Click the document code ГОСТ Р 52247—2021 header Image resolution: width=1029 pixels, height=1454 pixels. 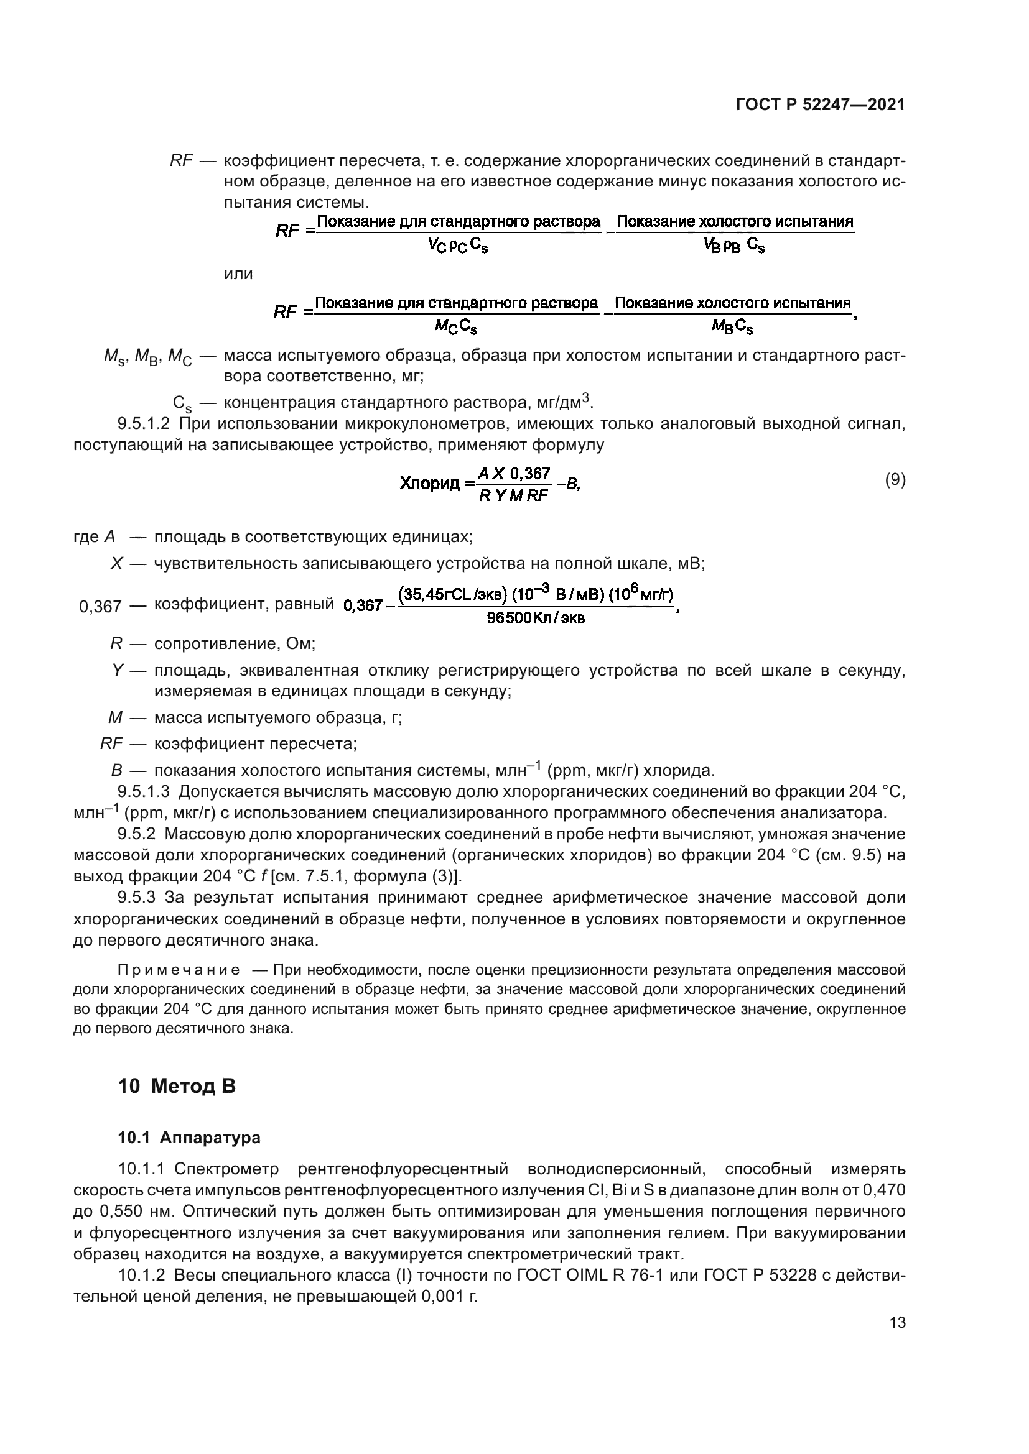tap(821, 105)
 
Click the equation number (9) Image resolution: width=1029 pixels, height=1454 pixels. tap(895, 480)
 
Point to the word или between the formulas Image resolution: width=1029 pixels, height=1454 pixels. tap(238, 274)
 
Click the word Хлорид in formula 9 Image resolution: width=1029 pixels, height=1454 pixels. tap(431, 484)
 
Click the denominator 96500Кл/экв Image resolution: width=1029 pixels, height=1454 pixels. tap(536, 618)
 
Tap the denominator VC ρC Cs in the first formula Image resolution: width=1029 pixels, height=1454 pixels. tap(457, 246)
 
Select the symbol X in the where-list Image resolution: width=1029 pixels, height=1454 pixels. tap(116, 564)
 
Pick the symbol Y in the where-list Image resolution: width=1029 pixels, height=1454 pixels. tap(117, 671)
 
